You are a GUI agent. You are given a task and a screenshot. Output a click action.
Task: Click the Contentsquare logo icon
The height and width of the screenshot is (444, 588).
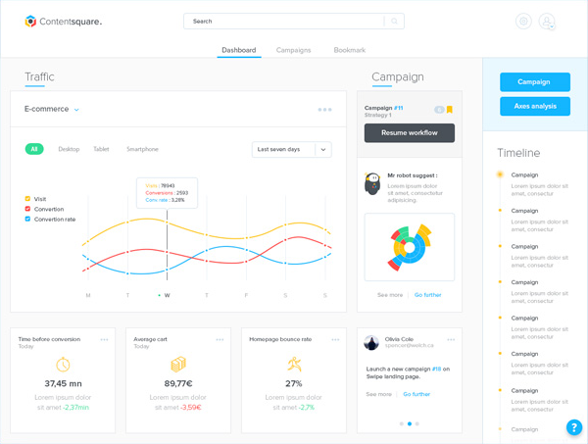tap(31, 21)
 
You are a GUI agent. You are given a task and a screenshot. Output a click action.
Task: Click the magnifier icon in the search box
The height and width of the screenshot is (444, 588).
tap(394, 21)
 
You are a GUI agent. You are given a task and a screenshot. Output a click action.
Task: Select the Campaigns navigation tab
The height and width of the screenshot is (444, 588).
tap(293, 50)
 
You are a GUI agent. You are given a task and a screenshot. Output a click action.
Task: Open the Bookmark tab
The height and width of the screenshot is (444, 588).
tap(349, 50)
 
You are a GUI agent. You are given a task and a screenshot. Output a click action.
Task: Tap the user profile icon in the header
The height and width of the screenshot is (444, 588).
tap(547, 22)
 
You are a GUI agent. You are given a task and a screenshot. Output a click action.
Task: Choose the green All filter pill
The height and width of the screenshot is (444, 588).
tap(34, 149)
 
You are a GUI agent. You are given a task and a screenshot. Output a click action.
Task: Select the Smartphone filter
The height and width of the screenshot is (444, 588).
tap(142, 149)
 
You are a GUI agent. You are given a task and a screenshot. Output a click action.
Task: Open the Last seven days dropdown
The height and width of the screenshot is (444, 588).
tap(291, 149)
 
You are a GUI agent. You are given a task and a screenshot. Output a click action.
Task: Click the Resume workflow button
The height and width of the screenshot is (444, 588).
tap(409, 132)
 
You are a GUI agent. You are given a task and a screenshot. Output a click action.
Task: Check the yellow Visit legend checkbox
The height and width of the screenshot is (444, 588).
tap(28, 199)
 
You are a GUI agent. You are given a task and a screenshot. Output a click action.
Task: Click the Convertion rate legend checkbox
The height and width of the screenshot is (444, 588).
tap(28, 219)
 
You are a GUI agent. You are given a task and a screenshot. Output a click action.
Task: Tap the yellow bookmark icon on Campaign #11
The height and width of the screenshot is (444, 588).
tap(449, 110)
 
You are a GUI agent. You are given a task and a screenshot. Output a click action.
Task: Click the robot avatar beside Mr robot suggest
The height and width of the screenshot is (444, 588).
tap(372, 184)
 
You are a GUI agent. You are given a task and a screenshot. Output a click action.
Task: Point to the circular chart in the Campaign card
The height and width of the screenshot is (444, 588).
tap(410, 247)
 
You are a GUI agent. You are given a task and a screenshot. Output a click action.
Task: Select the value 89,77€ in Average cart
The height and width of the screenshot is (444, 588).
tap(178, 383)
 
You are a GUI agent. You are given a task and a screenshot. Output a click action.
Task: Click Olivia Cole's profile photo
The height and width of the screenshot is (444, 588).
tap(372, 342)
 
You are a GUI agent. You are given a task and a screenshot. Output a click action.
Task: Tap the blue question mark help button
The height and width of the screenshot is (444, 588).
tap(574, 427)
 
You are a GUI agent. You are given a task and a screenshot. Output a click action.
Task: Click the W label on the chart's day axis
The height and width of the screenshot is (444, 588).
tap(167, 295)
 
